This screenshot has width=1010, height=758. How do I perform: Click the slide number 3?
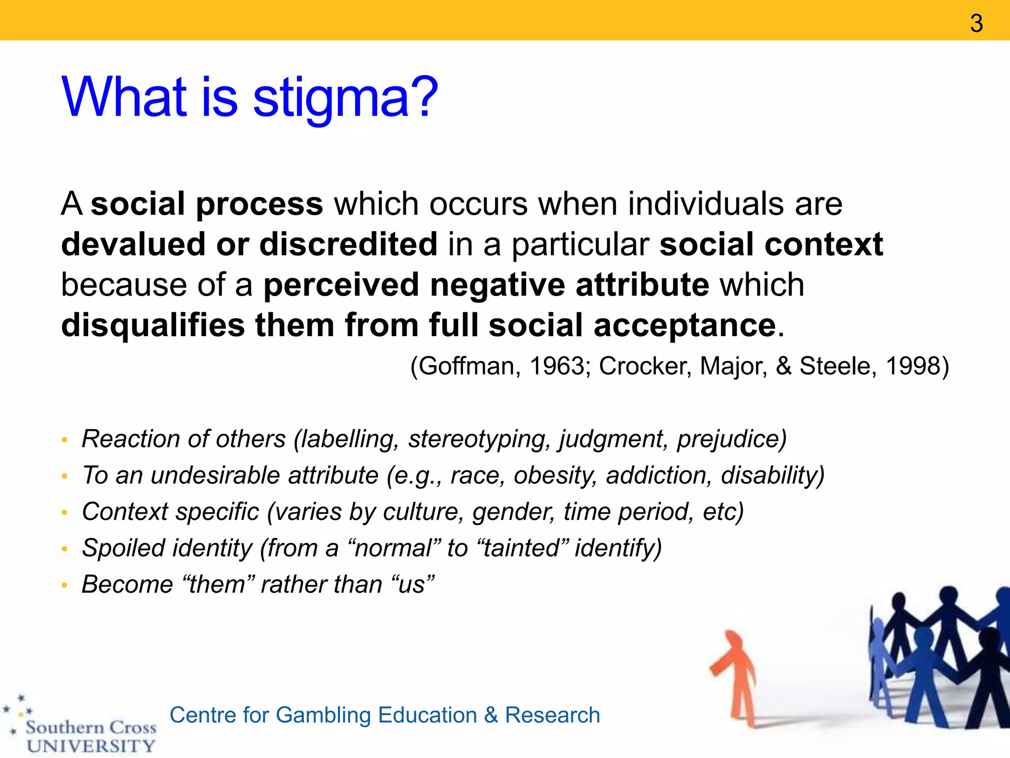[976, 23]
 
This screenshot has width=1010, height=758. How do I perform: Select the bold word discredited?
[348, 244]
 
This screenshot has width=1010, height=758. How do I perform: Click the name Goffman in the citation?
[468, 366]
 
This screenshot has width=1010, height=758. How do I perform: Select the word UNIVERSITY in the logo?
[91, 746]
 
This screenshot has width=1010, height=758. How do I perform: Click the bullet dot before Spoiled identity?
[64, 549]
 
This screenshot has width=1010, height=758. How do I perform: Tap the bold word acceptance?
[685, 325]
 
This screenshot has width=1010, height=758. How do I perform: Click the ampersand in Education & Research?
[491, 715]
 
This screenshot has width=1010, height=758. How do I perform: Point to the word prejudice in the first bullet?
[731, 439]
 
